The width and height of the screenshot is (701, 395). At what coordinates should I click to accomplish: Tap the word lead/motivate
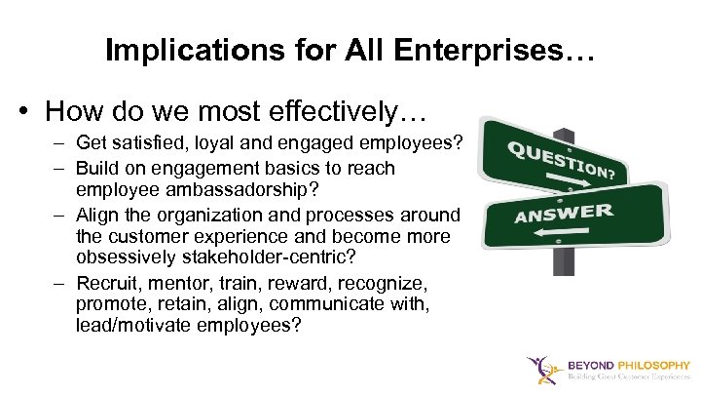[x=134, y=326]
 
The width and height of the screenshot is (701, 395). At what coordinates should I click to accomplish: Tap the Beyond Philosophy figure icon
[x=540, y=369]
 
